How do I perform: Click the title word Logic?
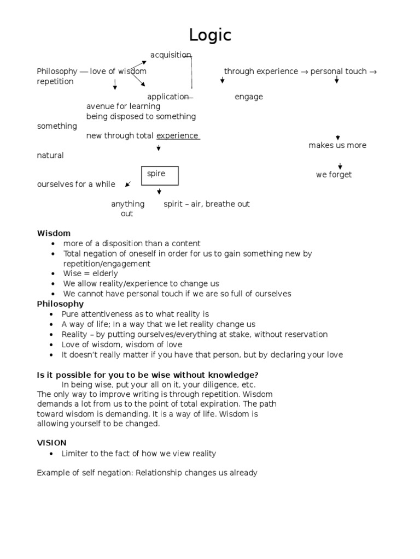210,35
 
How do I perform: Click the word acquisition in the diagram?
171,55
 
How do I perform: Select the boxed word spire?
156,174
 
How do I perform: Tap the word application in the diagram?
168,97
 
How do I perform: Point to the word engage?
249,97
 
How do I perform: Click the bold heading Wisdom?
54,233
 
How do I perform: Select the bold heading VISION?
51,443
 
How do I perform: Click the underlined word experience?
177,136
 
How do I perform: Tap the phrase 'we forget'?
334,175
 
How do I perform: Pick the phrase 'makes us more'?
337,145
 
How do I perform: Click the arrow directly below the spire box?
159,192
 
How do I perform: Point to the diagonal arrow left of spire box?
128,185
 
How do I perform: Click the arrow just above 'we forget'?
340,166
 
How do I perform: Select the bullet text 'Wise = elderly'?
90,273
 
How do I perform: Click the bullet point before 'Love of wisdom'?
51,345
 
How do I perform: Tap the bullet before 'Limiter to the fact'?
51,454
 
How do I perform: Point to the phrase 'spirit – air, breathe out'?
207,204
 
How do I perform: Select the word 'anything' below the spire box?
128,204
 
